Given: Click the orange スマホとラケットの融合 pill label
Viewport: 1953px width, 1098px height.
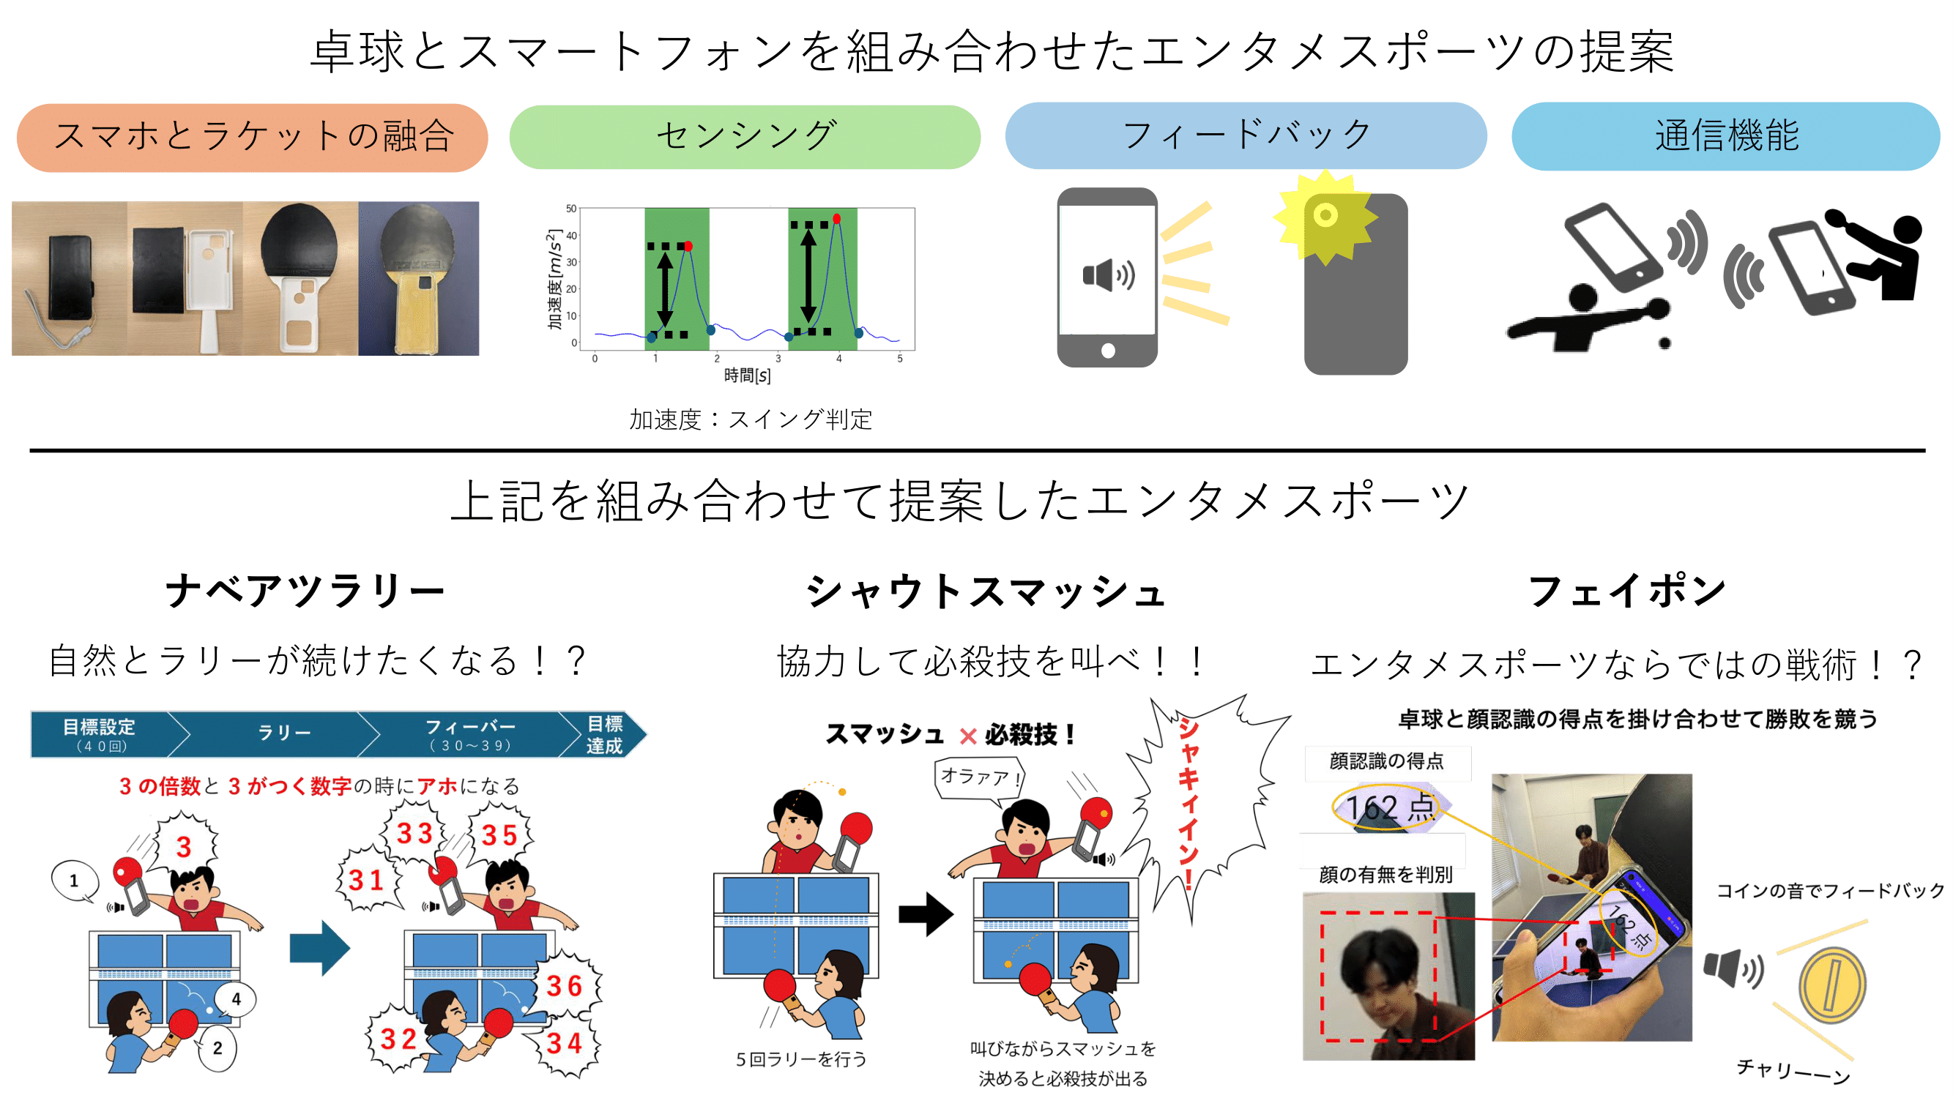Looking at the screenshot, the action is pos(253,137).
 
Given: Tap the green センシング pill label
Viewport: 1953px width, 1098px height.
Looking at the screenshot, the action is pos(745,136).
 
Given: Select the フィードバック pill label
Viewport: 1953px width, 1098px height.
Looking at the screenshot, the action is pos(1246,135).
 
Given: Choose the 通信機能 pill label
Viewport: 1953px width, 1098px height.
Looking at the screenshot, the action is pos(1725,136).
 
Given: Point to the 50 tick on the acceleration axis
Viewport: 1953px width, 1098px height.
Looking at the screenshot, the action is pos(571,209).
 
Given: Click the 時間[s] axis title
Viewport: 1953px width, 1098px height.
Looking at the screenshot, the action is pos(747,375).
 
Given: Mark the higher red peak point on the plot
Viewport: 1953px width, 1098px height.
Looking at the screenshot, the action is pos(836,219).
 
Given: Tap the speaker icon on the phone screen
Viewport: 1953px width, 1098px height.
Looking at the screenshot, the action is pos(1109,274).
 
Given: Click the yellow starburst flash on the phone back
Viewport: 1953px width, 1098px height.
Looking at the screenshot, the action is pos(1325,217).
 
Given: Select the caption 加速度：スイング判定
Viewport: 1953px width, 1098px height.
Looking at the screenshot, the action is pos(751,419).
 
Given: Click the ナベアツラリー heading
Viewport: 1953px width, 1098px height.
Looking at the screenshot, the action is pos(305,590).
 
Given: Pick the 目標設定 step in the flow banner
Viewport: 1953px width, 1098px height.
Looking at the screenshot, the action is pos(100,733).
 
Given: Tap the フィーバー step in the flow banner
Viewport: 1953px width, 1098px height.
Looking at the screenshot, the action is pos(470,733).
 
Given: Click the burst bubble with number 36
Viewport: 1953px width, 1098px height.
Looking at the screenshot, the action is pos(565,986).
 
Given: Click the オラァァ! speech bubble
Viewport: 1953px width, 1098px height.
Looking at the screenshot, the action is pos(979,777).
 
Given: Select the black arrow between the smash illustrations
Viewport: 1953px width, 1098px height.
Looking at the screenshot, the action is pos(926,914).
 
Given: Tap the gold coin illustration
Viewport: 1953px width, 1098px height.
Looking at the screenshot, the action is pos(1831,985).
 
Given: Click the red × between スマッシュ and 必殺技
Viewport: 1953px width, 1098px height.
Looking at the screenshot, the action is pos(968,736).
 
